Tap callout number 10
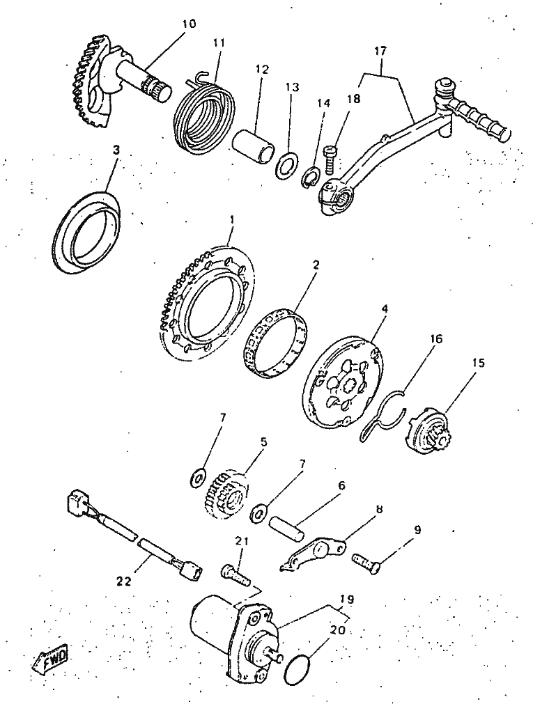tap(190, 24)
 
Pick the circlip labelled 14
tap(310, 178)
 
